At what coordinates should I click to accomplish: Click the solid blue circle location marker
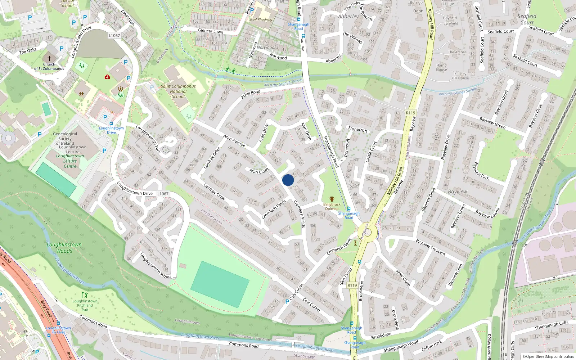click(x=288, y=180)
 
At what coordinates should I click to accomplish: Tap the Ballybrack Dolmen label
click(x=332, y=206)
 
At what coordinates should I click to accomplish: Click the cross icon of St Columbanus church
click(x=49, y=58)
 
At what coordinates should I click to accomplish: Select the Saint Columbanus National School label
click(x=178, y=91)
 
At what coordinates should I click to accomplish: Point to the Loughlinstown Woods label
click(x=64, y=248)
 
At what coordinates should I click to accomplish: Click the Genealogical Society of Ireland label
click(x=65, y=139)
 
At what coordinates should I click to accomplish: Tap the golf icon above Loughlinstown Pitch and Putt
click(x=85, y=294)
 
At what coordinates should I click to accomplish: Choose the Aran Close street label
click(x=259, y=171)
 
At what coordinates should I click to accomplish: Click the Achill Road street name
click(x=251, y=94)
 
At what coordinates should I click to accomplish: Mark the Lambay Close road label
click(x=214, y=192)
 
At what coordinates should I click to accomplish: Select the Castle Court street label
click(x=371, y=152)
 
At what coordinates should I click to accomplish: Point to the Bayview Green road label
click(x=492, y=123)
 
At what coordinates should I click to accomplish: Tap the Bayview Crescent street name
click(x=431, y=247)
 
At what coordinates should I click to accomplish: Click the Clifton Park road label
click(x=432, y=346)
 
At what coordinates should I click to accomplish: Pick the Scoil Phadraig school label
click(x=261, y=19)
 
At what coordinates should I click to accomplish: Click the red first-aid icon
click(x=107, y=77)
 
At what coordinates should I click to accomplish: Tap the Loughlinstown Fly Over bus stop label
click(x=58, y=330)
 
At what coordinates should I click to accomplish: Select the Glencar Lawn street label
click(x=211, y=31)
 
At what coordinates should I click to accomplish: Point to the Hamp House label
click(x=441, y=67)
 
